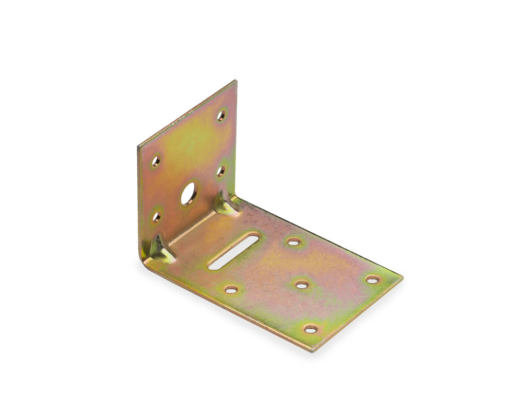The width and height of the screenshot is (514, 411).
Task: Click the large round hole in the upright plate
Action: [x=189, y=194]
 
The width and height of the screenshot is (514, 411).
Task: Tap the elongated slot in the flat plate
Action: [x=234, y=250]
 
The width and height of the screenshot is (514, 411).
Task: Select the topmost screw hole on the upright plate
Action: [x=221, y=116]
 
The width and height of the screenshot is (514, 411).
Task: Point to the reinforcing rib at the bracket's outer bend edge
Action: [x=160, y=250]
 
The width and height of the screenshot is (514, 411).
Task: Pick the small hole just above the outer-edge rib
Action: [x=156, y=217]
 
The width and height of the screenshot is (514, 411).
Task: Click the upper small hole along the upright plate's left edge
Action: [x=156, y=161]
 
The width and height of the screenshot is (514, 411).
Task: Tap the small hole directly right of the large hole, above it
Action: [x=221, y=171]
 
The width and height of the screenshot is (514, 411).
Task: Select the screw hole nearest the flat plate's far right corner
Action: [x=372, y=279]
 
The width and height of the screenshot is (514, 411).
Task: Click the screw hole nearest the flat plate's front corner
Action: [x=310, y=329]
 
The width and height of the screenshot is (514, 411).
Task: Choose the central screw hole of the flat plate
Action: [x=302, y=284]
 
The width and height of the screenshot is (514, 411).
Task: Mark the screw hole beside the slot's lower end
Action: [x=231, y=290]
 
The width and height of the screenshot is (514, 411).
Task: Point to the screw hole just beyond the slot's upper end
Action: [x=293, y=241]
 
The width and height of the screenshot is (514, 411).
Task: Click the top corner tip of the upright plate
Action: [x=235, y=81]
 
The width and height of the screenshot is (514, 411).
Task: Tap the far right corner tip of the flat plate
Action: [x=402, y=278]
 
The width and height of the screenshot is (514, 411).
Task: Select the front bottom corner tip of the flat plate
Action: [x=313, y=351]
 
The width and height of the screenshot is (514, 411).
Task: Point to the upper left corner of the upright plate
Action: [x=138, y=146]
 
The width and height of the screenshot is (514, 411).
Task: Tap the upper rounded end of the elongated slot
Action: [x=255, y=236]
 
